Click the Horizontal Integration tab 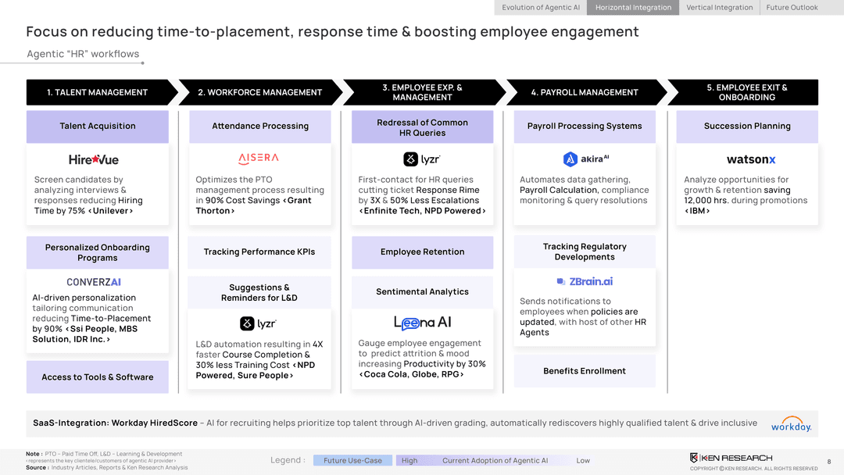click(633, 8)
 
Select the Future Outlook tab click(792, 8)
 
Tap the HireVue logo click(94, 159)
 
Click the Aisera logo click(258, 158)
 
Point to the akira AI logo click(585, 159)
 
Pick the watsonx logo click(750, 159)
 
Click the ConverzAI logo click(94, 282)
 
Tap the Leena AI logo click(422, 323)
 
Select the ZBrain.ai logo click(585, 281)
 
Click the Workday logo click(791, 424)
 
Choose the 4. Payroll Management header click(585, 92)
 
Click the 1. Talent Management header click(97, 92)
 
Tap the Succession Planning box click(747, 126)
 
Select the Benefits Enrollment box click(585, 371)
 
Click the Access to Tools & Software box click(98, 377)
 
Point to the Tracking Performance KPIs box click(259, 252)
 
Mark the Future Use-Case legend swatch click(352, 460)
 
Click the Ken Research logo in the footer click(731, 458)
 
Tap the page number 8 click(829, 462)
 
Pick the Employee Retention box click(422, 252)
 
